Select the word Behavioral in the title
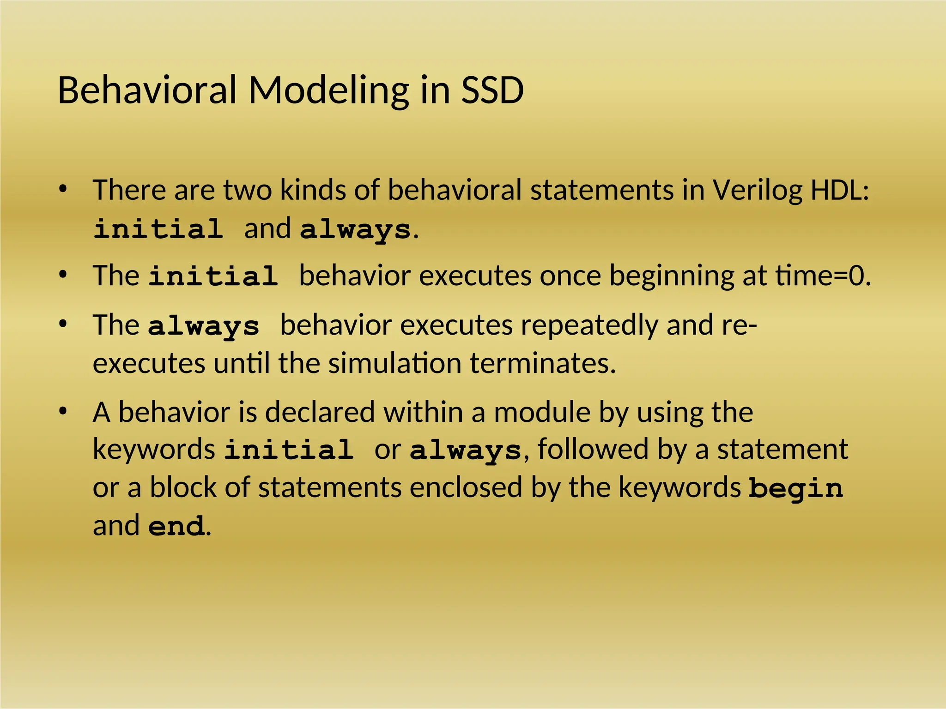click(147, 90)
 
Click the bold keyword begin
click(795, 488)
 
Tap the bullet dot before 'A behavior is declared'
click(63, 411)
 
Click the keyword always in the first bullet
click(355, 229)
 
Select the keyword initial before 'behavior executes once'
click(213, 276)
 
